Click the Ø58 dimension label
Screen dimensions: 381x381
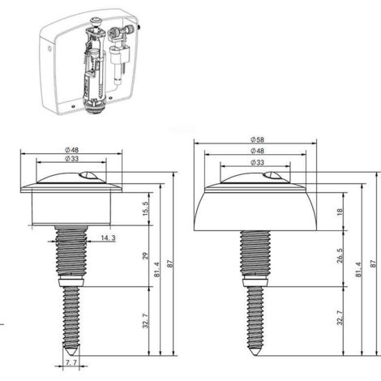(257, 139)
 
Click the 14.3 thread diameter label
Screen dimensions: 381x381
(108, 238)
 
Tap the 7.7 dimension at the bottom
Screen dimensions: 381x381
(71, 362)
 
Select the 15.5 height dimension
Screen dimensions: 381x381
(146, 208)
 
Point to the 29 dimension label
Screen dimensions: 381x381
(146, 256)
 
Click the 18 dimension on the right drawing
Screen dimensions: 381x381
(340, 212)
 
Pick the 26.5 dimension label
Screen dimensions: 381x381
(340, 255)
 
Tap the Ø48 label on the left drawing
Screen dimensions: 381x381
(71, 149)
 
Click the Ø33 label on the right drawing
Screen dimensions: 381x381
(257, 162)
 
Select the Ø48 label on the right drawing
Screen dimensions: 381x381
(257, 151)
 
